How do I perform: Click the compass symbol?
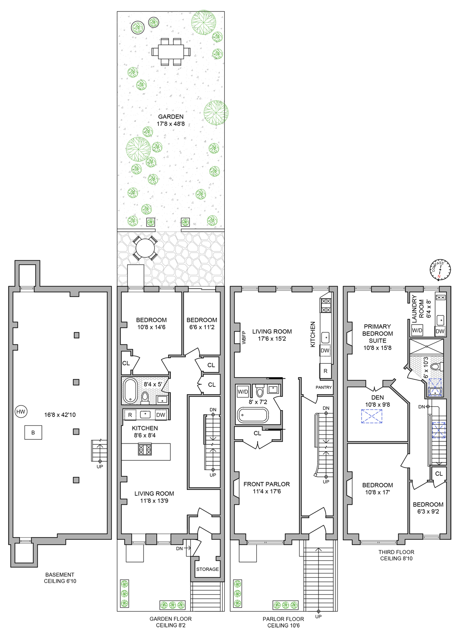(440, 270)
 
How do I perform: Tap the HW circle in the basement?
(21, 412)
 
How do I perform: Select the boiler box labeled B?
(33, 433)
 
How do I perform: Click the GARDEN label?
(171, 116)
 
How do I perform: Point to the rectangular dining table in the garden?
(171, 52)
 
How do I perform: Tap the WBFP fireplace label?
(244, 338)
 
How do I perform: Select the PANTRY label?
(324, 387)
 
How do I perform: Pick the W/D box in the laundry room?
(417, 330)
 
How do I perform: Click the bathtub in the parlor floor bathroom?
(253, 415)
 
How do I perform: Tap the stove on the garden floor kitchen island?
(145, 449)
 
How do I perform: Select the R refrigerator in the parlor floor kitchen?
(325, 371)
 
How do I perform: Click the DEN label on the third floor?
(377, 398)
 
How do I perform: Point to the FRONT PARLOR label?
(267, 484)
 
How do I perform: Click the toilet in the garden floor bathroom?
(145, 398)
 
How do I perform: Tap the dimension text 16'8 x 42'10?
(60, 415)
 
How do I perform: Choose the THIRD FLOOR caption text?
(396, 552)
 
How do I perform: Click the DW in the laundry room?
(440, 331)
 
